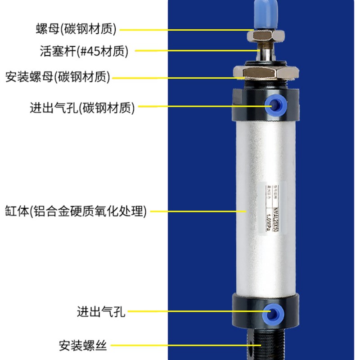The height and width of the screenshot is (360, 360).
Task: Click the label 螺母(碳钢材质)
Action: (76, 29)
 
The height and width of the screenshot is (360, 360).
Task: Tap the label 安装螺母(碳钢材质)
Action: (58, 76)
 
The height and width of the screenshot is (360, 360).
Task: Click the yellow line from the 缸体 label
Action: (198, 211)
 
